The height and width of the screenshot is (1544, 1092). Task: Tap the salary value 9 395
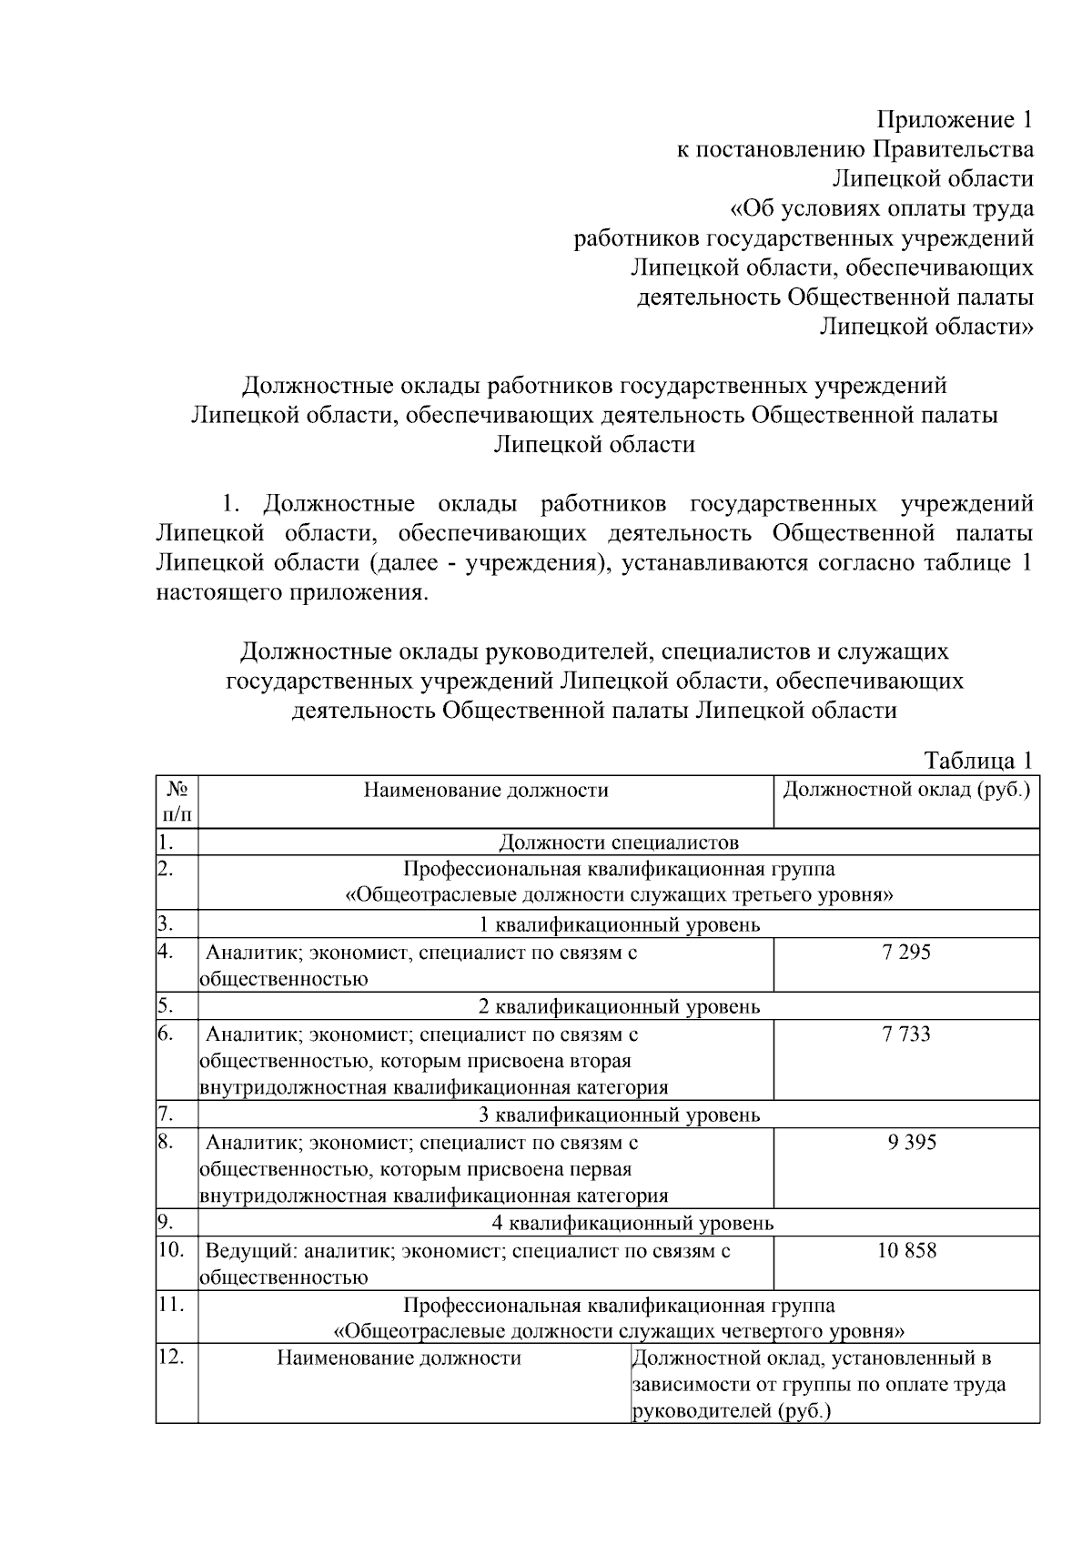coord(912,1142)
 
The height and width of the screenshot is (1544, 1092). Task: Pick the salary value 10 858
coord(906,1250)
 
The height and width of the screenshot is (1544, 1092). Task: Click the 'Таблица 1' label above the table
coord(978,760)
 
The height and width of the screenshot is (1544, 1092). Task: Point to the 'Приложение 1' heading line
coord(955,120)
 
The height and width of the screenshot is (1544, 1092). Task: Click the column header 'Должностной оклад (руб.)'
coord(906,789)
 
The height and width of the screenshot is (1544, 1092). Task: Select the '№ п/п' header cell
coord(177,800)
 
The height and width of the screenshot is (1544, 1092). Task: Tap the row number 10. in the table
coord(171,1249)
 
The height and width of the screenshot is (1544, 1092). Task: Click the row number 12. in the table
coord(171,1357)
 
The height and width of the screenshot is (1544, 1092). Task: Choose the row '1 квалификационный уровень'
coord(619,925)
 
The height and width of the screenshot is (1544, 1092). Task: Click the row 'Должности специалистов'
coord(619,843)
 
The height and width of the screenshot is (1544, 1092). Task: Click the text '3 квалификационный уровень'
coord(619,1115)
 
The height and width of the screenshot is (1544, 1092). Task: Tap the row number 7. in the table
coord(166,1114)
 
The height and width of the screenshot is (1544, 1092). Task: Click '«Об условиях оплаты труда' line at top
coord(882,209)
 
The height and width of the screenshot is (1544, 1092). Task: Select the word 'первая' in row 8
coord(601,1169)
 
